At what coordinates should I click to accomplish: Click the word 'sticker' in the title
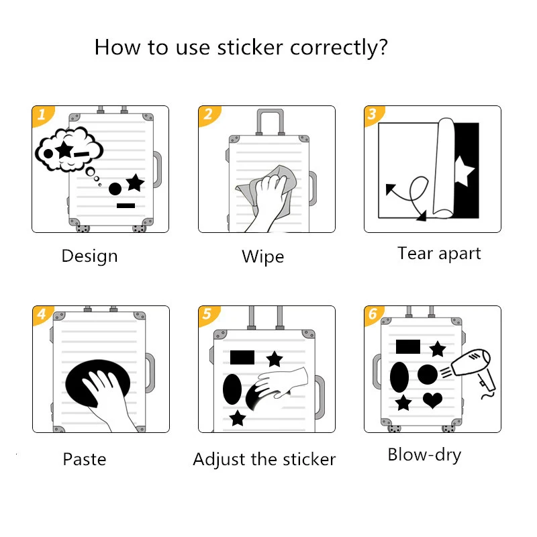click(x=250, y=47)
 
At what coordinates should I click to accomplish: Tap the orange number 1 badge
click(x=42, y=115)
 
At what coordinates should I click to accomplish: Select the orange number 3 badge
click(x=373, y=114)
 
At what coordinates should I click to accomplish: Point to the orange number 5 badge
click(x=208, y=314)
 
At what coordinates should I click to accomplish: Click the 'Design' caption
click(x=89, y=256)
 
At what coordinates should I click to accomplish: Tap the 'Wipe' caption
click(x=262, y=257)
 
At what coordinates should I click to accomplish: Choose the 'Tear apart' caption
click(x=439, y=254)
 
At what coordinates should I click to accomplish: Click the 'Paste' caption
click(x=85, y=459)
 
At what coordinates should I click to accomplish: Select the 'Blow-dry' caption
click(x=424, y=456)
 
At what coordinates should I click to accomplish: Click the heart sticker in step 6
click(x=432, y=400)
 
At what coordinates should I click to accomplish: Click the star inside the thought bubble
click(x=64, y=149)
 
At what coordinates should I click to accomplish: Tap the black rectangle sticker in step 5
click(x=242, y=357)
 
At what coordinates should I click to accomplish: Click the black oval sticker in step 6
click(x=399, y=377)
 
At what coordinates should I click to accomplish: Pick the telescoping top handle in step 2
click(x=271, y=121)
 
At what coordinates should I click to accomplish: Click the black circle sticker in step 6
click(x=428, y=375)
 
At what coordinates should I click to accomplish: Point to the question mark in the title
click(x=383, y=47)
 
